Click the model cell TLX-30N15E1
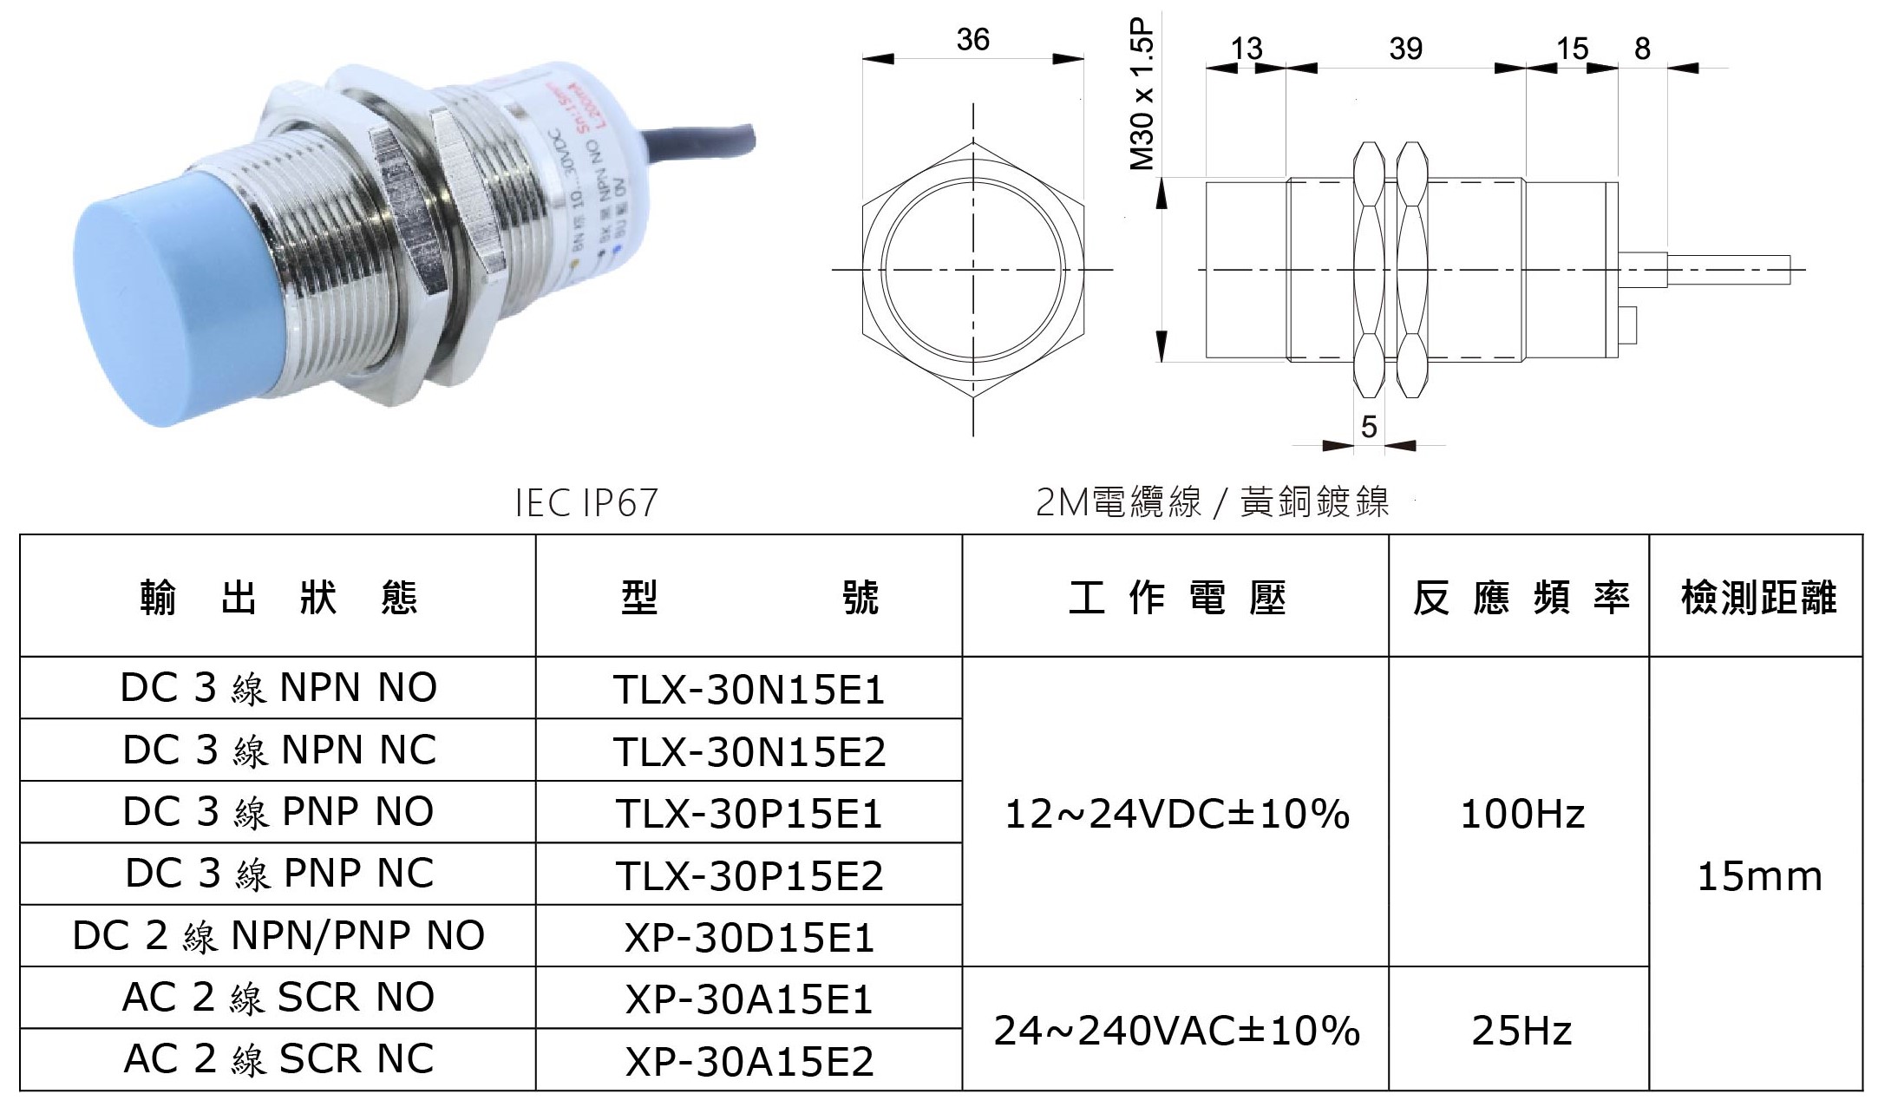(x=749, y=690)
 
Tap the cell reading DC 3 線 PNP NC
(x=278, y=874)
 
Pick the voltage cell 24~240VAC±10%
(x=1175, y=1031)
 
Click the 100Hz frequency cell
(x=1522, y=814)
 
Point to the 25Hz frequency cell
(x=1522, y=1031)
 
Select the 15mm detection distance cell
(x=1759, y=876)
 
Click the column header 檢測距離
(x=1758, y=598)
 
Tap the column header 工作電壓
(x=1176, y=598)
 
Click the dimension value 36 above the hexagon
(x=972, y=40)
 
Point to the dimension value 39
(x=1405, y=49)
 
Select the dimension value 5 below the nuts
(x=1369, y=426)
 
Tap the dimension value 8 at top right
(x=1642, y=49)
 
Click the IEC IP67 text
(x=586, y=503)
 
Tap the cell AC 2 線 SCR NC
(x=278, y=1059)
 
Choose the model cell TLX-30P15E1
(x=749, y=814)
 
